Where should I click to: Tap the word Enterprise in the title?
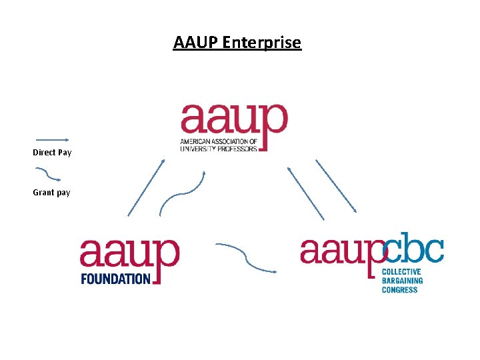pyautogui.click(x=262, y=43)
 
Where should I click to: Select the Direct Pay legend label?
pyautogui.click(x=52, y=153)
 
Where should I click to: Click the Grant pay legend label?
pyautogui.click(x=51, y=193)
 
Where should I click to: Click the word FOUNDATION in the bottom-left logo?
pyautogui.click(x=115, y=278)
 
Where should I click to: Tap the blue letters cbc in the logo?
pyautogui.click(x=414, y=251)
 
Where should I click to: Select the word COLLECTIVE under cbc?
pyautogui.click(x=401, y=272)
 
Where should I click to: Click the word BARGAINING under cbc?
pyautogui.click(x=402, y=281)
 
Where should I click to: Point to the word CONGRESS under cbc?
pyautogui.click(x=400, y=289)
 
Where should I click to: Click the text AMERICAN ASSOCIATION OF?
pyautogui.click(x=219, y=142)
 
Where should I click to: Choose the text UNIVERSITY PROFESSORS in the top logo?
pyautogui.click(x=219, y=149)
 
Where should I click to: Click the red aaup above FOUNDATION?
pyautogui.click(x=130, y=253)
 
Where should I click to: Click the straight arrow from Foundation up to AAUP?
pyautogui.click(x=146, y=187)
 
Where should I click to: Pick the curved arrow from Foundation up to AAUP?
pyautogui.click(x=181, y=194)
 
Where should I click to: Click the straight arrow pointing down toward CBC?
pyautogui.click(x=336, y=186)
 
